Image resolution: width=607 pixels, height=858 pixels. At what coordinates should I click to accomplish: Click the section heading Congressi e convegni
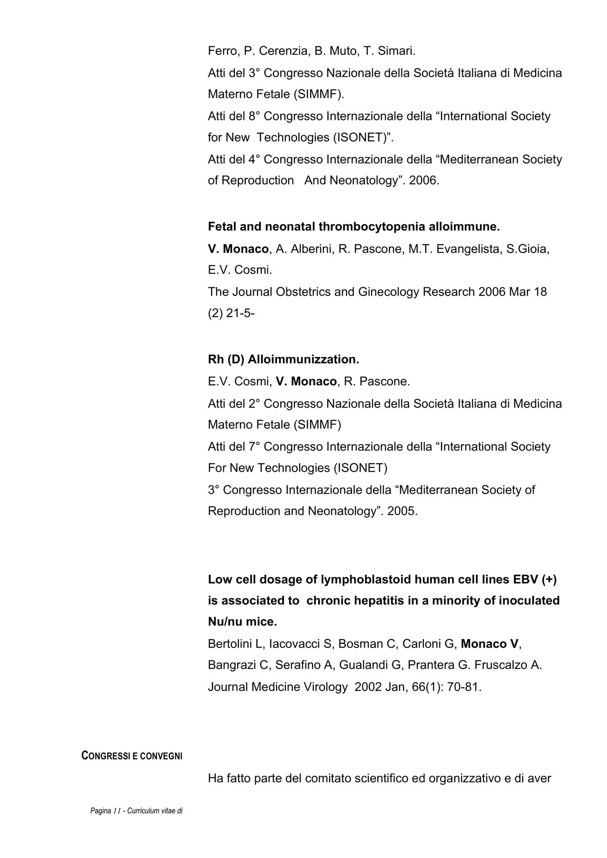pyautogui.click(x=132, y=756)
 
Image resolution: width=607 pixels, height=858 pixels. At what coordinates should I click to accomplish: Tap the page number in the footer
pyautogui.click(x=117, y=811)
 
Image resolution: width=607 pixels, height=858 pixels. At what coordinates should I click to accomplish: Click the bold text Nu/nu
pyautogui.click(x=225, y=621)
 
